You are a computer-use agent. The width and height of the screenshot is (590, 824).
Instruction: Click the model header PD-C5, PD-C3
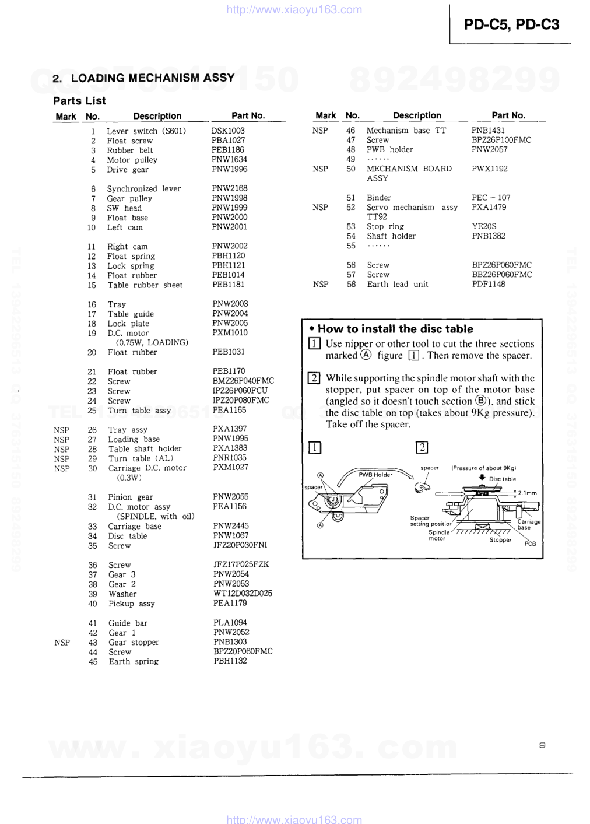[511, 24]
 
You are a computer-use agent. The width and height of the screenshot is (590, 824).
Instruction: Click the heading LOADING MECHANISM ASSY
[152, 78]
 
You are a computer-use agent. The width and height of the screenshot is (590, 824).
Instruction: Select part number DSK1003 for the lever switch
[228, 131]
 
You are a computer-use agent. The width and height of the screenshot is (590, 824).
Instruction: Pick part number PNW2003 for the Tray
[230, 304]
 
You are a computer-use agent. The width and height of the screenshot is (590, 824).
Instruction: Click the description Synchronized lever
[143, 188]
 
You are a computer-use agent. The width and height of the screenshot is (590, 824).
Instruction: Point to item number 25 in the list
[92, 411]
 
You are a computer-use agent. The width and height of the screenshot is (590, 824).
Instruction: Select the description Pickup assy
[131, 604]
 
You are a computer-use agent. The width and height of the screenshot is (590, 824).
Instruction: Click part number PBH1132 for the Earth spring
[230, 661]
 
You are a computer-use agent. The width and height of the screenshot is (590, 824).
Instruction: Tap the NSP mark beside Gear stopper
[62, 642]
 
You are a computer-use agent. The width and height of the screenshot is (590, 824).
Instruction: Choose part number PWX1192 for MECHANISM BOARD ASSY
[489, 169]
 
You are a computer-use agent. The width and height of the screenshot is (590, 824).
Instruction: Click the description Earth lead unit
[397, 284]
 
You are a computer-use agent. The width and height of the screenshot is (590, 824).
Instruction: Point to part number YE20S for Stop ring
[484, 226]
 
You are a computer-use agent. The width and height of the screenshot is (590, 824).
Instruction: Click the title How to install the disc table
[395, 329]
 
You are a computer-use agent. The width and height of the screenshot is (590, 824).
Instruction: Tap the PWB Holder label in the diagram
[375, 475]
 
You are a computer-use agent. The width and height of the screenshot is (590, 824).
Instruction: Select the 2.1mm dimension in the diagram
[527, 493]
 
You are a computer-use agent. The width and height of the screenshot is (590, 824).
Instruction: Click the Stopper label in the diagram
[500, 539]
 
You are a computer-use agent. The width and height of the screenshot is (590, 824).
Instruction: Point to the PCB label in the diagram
[530, 544]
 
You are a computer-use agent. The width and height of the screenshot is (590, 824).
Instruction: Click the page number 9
[542, 745]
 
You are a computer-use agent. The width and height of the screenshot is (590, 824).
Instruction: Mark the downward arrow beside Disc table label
[482, 477]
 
